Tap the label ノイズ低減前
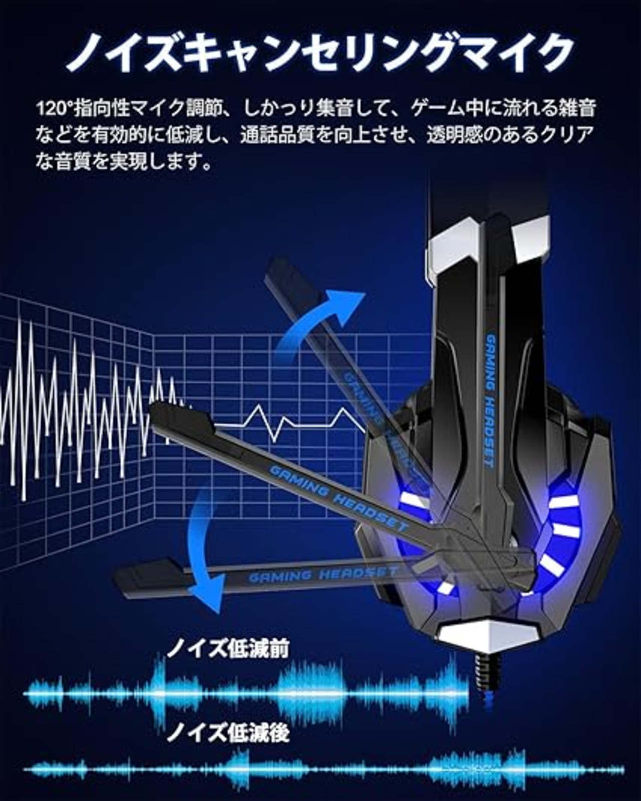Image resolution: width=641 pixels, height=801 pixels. [x=227, y=650]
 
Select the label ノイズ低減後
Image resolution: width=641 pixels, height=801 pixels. [x=227, y=733]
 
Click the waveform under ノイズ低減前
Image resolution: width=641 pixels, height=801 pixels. [x=245, y=693]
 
